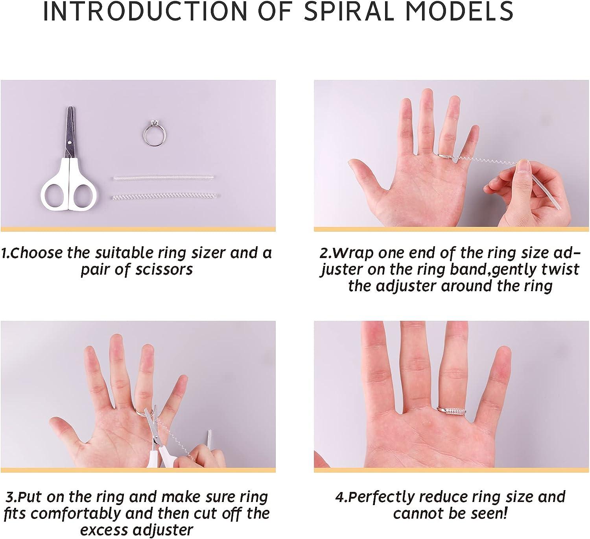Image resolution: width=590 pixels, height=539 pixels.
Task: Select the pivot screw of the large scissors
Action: (70, 142)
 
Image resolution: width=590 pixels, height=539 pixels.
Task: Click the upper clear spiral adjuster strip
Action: (163, 178)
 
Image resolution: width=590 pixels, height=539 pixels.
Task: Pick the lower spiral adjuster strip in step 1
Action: (165, 196)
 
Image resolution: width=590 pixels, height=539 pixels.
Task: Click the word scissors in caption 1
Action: (164, 269)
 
